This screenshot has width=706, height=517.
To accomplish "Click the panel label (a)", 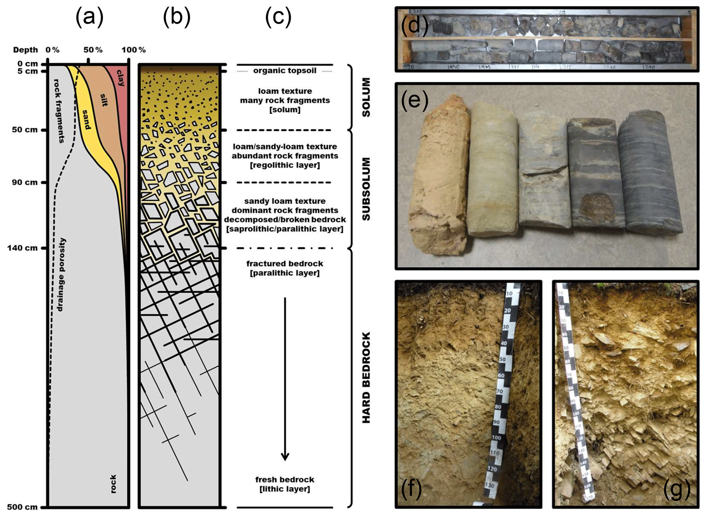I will click(x=89, y=17).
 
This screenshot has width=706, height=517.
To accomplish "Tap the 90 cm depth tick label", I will click(x=25, y=182).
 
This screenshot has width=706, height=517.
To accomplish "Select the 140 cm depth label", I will click(x=22, y=248).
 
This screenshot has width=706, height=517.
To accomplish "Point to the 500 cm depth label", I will click(x=22, y=507).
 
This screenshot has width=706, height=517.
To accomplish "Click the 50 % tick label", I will click(x=93, y=50).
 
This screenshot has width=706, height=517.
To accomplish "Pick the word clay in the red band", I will click(x=121, y=78).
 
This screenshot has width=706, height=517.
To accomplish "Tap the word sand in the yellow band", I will click(x=87, y=120).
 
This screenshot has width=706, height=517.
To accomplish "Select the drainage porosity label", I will click(x=61, y=275).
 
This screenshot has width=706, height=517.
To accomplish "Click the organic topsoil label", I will click(x=285, y=71).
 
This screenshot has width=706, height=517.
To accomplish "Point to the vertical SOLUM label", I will click(x=366, y=97).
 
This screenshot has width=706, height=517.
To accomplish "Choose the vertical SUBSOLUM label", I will click(x=366, y=189).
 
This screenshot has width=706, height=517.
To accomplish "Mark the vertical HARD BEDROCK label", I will click(x=366, y=377).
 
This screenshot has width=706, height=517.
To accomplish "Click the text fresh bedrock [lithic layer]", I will click(x=285, y=484).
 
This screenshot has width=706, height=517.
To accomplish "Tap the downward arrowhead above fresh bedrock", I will click(x=285, y=457).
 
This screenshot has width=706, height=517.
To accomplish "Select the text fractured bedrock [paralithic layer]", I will click(x=285, y=268).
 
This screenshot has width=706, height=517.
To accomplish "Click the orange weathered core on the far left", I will click(x=439, y=178).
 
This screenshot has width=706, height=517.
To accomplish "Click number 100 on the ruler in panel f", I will click(x=496, y=438).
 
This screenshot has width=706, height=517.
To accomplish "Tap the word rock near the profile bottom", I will click(x=113, y=484).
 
